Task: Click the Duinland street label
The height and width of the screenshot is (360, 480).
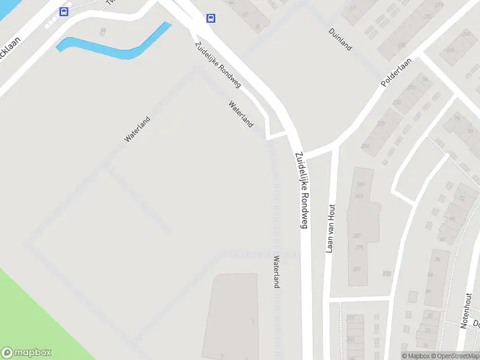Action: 340,39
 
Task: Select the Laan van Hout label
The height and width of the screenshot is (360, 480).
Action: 329,229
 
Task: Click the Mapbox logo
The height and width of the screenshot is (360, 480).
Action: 26,353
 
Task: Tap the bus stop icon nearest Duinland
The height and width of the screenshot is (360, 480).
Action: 211,18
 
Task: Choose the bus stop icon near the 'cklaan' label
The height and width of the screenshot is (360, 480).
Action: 64,11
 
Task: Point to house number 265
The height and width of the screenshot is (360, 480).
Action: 361,184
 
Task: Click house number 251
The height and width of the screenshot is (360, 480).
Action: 358,269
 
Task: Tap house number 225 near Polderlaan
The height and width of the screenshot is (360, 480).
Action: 401,45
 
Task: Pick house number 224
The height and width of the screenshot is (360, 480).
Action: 365,146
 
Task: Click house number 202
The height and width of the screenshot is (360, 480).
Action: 467,34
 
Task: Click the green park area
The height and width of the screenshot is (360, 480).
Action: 36,318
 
